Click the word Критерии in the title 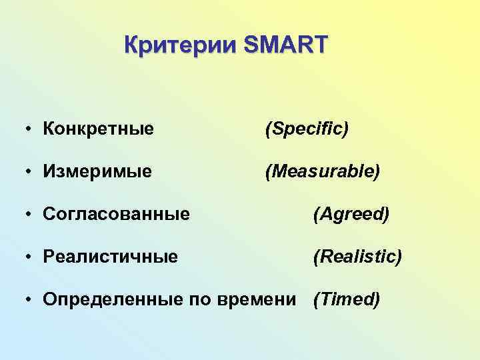[x=180, y=45]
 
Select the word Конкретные [x=98, y=129]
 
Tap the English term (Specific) [x=307, y=129]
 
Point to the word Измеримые [x=97, y=171]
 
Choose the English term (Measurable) [x=323, y=171]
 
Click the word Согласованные [x=116, y=215]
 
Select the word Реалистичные [x=110, y=257]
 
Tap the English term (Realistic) [x=357, y=257]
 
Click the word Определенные [x=111, y=300]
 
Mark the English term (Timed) [x=347, y=300]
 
